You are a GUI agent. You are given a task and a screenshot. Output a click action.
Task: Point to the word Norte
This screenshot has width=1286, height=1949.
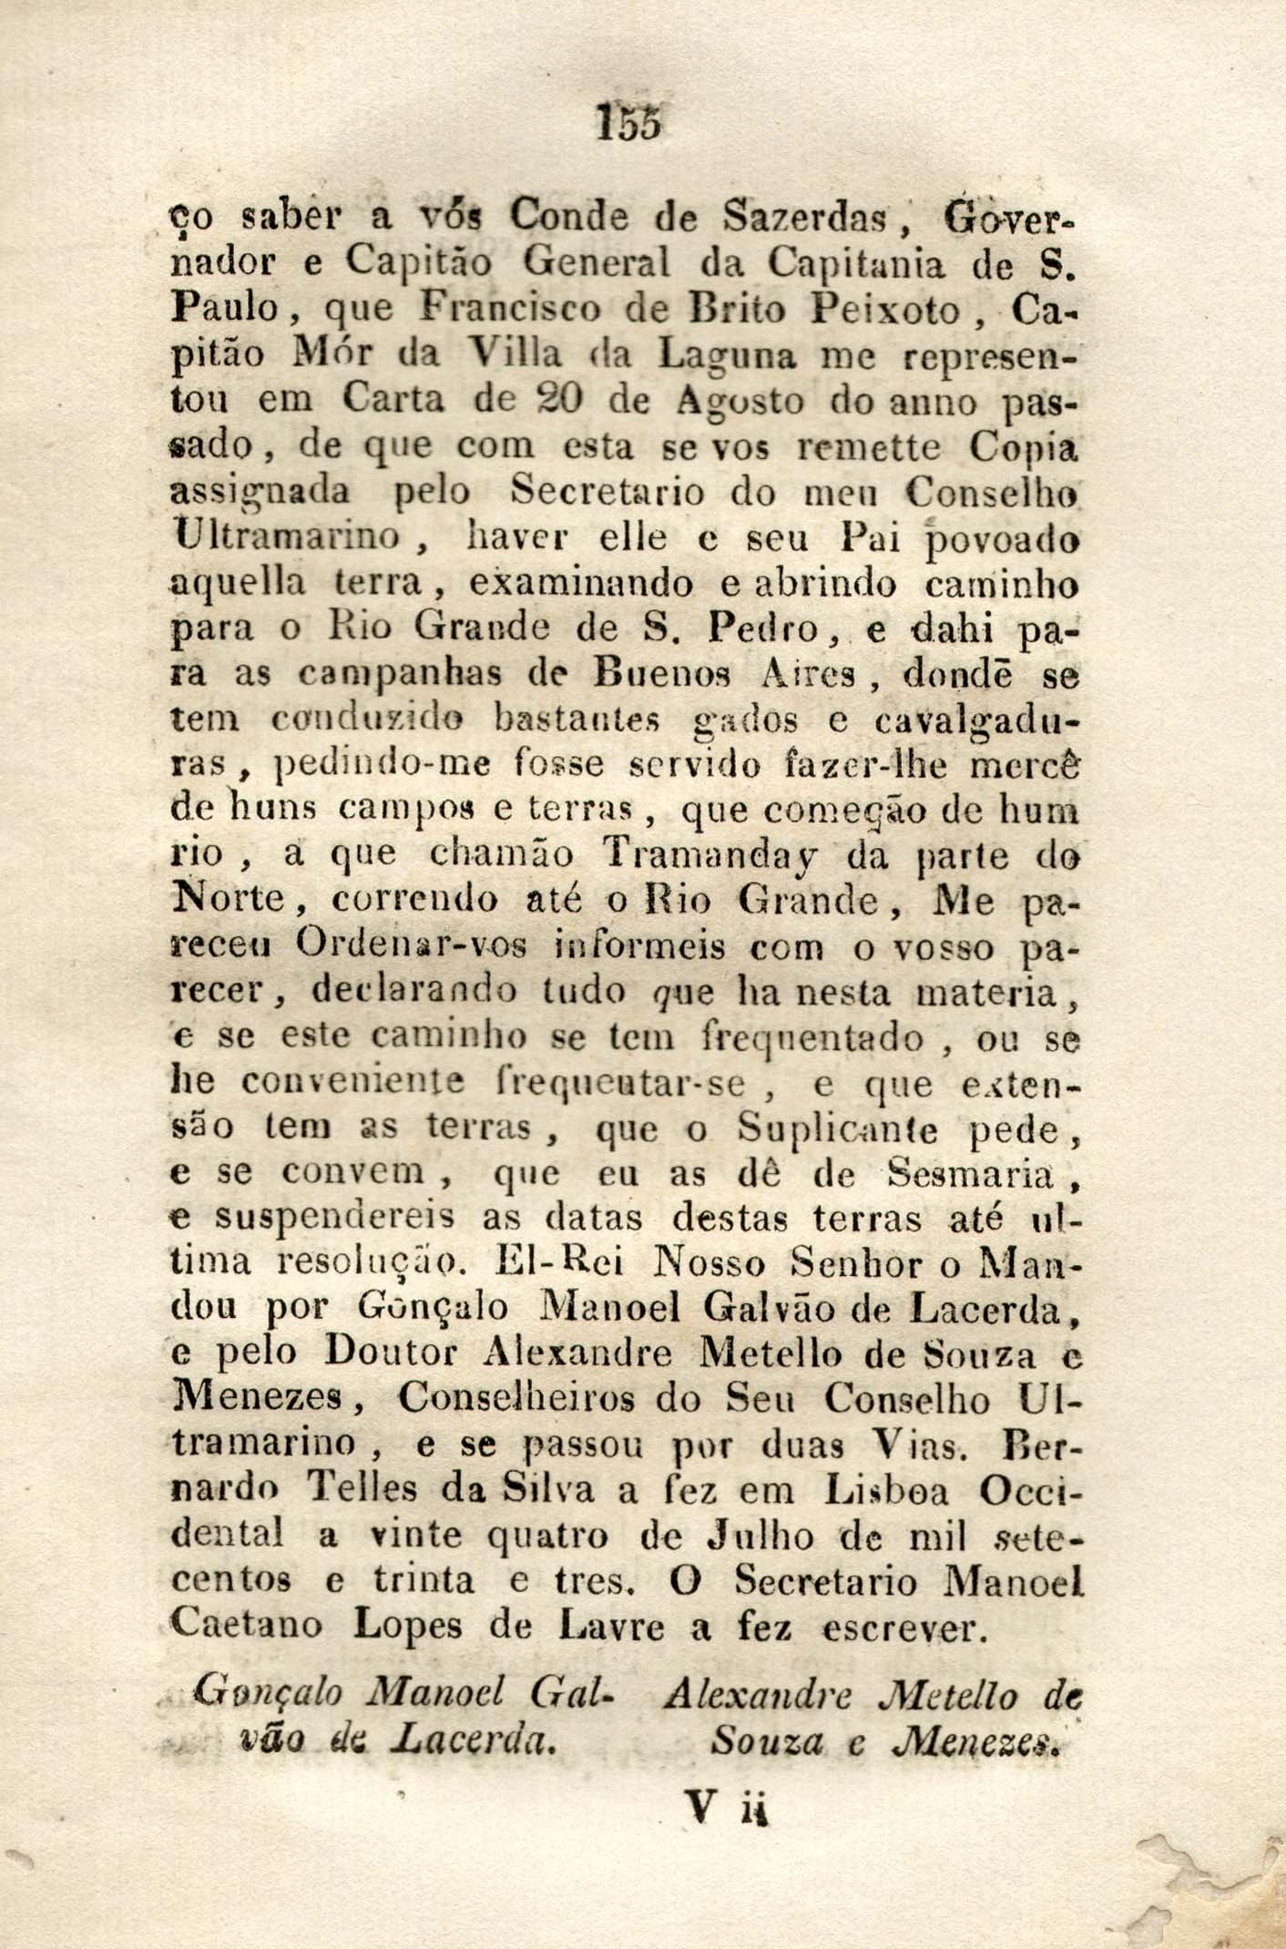pyautogui.click(x=231, y=901)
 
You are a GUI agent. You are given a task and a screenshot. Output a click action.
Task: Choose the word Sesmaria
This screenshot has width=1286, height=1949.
pyautogui.click(x=969, y=1175)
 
